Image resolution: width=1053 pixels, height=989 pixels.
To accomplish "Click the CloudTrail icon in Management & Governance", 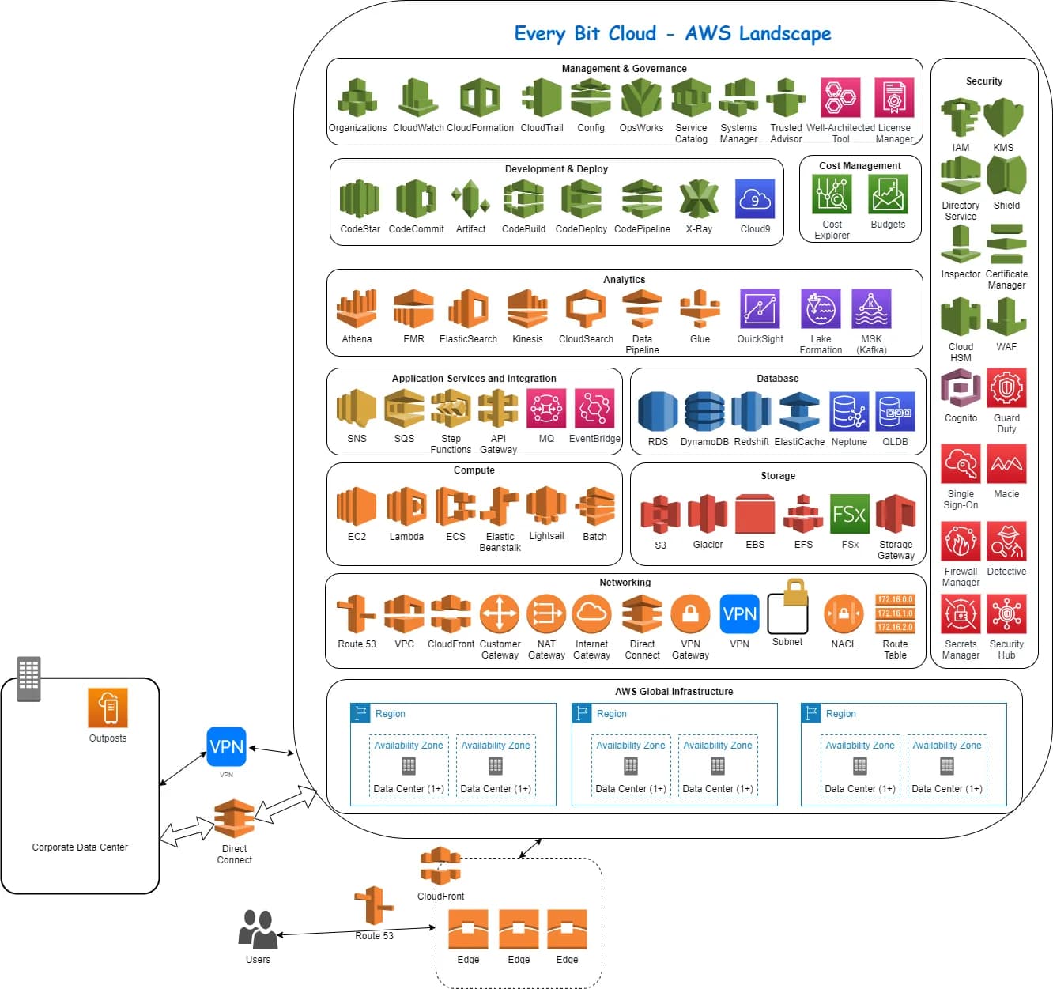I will tap(542, 99).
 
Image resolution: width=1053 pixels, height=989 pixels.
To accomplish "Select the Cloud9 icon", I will tap(754, 199).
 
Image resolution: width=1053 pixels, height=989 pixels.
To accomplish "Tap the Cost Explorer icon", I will tap(832, 194).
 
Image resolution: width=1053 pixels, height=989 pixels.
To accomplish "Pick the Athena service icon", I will tap(357, 308).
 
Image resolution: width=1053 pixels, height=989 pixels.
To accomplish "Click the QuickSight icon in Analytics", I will tap(760, 308).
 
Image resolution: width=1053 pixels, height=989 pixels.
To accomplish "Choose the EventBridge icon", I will tap(594, 409).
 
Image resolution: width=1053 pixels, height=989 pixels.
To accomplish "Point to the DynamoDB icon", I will tap(704, 412).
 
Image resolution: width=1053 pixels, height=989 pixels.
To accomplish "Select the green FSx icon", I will tap(850, 515).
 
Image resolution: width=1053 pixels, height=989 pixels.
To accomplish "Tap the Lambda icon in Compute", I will tap(406, 507).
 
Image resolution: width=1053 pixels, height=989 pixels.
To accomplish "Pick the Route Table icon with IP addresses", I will tap(895, 613).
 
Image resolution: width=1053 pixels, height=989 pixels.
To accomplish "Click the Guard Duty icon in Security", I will tap(1006, 387).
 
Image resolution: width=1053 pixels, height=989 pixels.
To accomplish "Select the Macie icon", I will tap(1006, 463).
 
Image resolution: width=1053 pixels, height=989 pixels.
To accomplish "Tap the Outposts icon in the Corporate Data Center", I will tap(108, 708).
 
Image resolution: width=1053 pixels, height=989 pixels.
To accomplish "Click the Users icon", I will tap(258, 930).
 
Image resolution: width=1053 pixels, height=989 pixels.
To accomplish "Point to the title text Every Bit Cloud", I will tap(585, 33).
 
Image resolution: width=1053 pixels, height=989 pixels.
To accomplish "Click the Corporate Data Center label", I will tap(80, 847).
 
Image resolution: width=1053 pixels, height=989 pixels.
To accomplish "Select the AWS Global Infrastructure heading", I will tap(674, 692).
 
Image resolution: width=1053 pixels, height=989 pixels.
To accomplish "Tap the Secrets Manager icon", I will tap(961, 614).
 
